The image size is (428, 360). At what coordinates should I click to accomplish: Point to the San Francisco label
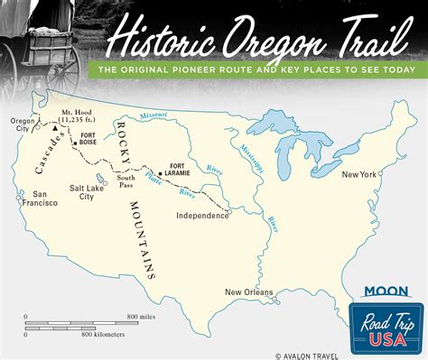point(39,198)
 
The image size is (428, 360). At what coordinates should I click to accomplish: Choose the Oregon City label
point(23,125)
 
